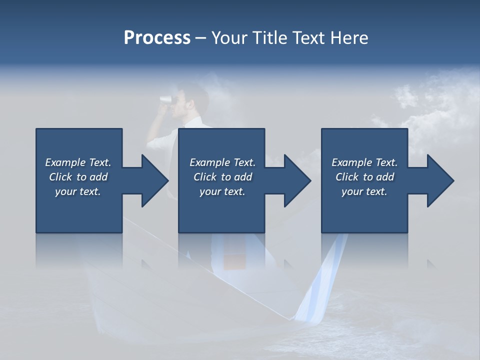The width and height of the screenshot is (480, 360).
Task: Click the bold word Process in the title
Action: [x=157, y=38]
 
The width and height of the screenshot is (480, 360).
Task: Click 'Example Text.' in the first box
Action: [x=78, y=162]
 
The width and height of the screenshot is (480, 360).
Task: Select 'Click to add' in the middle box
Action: [x=222, y=177]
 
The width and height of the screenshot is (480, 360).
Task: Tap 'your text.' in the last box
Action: [x=364, y=191]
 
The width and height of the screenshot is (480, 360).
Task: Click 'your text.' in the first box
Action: [x=78, y=191]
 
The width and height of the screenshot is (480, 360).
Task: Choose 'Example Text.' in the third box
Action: [x=364, y=162]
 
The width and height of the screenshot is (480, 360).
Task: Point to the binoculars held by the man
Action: [x=166, y=99]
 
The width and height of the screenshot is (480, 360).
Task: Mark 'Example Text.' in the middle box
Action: [x=222, y=162]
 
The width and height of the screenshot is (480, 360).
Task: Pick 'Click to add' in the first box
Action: [x=78, y=177]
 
